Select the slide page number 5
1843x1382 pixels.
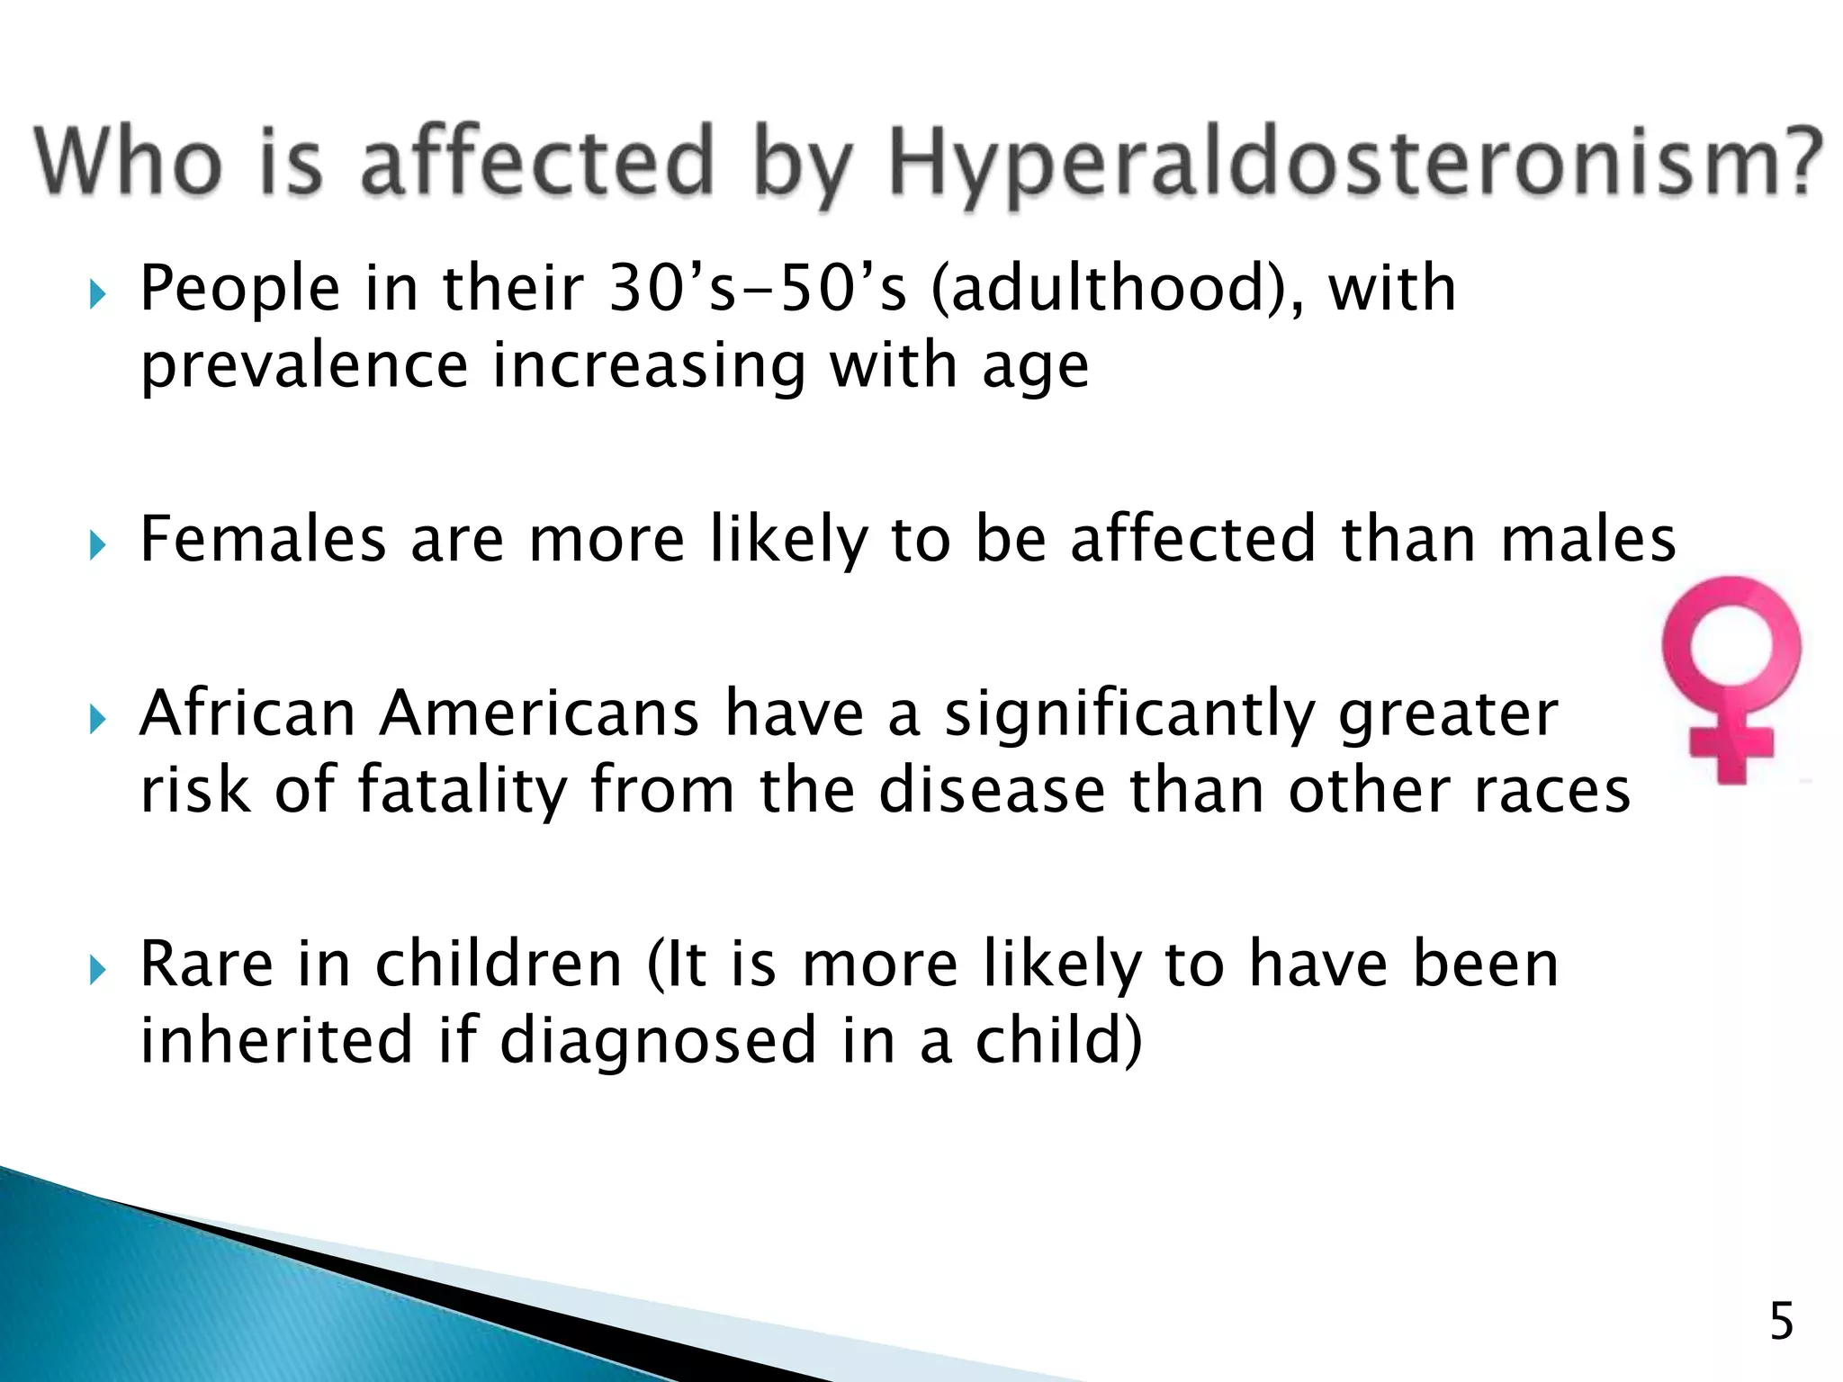(1781, 1322)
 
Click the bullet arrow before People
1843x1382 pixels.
(98, 294)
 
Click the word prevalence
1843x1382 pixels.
(304, 367)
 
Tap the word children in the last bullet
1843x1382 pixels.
(499, 964)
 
